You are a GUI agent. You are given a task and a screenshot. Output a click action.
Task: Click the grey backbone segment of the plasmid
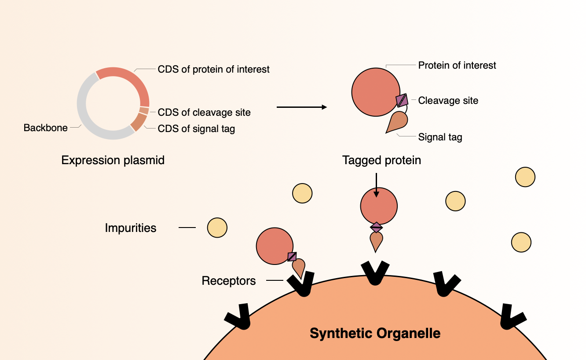click(82, 105)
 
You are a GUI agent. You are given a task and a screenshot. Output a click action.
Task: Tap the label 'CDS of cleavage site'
click(204, 113)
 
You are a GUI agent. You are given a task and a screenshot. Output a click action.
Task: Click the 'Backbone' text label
click(45, 128)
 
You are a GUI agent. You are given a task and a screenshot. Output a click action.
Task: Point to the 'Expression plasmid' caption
click(113, 160)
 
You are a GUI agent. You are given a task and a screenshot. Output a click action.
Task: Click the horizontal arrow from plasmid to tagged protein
click(302, 107)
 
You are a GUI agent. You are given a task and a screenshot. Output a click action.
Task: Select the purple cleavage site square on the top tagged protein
click(402, 100)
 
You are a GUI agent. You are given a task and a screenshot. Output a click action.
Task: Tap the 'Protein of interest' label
click(457, 66)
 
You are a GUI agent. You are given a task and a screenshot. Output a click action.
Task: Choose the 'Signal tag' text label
click(440, 137)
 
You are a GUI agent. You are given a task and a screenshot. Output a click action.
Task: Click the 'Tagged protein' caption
click(382, 160)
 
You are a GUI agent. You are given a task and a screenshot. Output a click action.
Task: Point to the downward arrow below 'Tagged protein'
click(376, 185)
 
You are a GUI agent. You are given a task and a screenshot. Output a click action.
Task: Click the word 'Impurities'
click(131, 228)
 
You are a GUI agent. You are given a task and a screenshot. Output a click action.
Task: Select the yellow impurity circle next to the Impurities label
click(217, 228)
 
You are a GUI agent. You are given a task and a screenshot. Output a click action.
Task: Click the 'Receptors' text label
click(229, 281)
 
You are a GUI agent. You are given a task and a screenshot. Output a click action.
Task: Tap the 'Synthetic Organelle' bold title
click(375, 333)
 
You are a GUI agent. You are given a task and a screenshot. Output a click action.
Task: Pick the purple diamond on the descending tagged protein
click(376, 228)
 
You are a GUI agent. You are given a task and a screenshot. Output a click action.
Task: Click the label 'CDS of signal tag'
click(196, 129)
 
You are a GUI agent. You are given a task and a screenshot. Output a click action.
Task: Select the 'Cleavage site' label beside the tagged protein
click(448, 100)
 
